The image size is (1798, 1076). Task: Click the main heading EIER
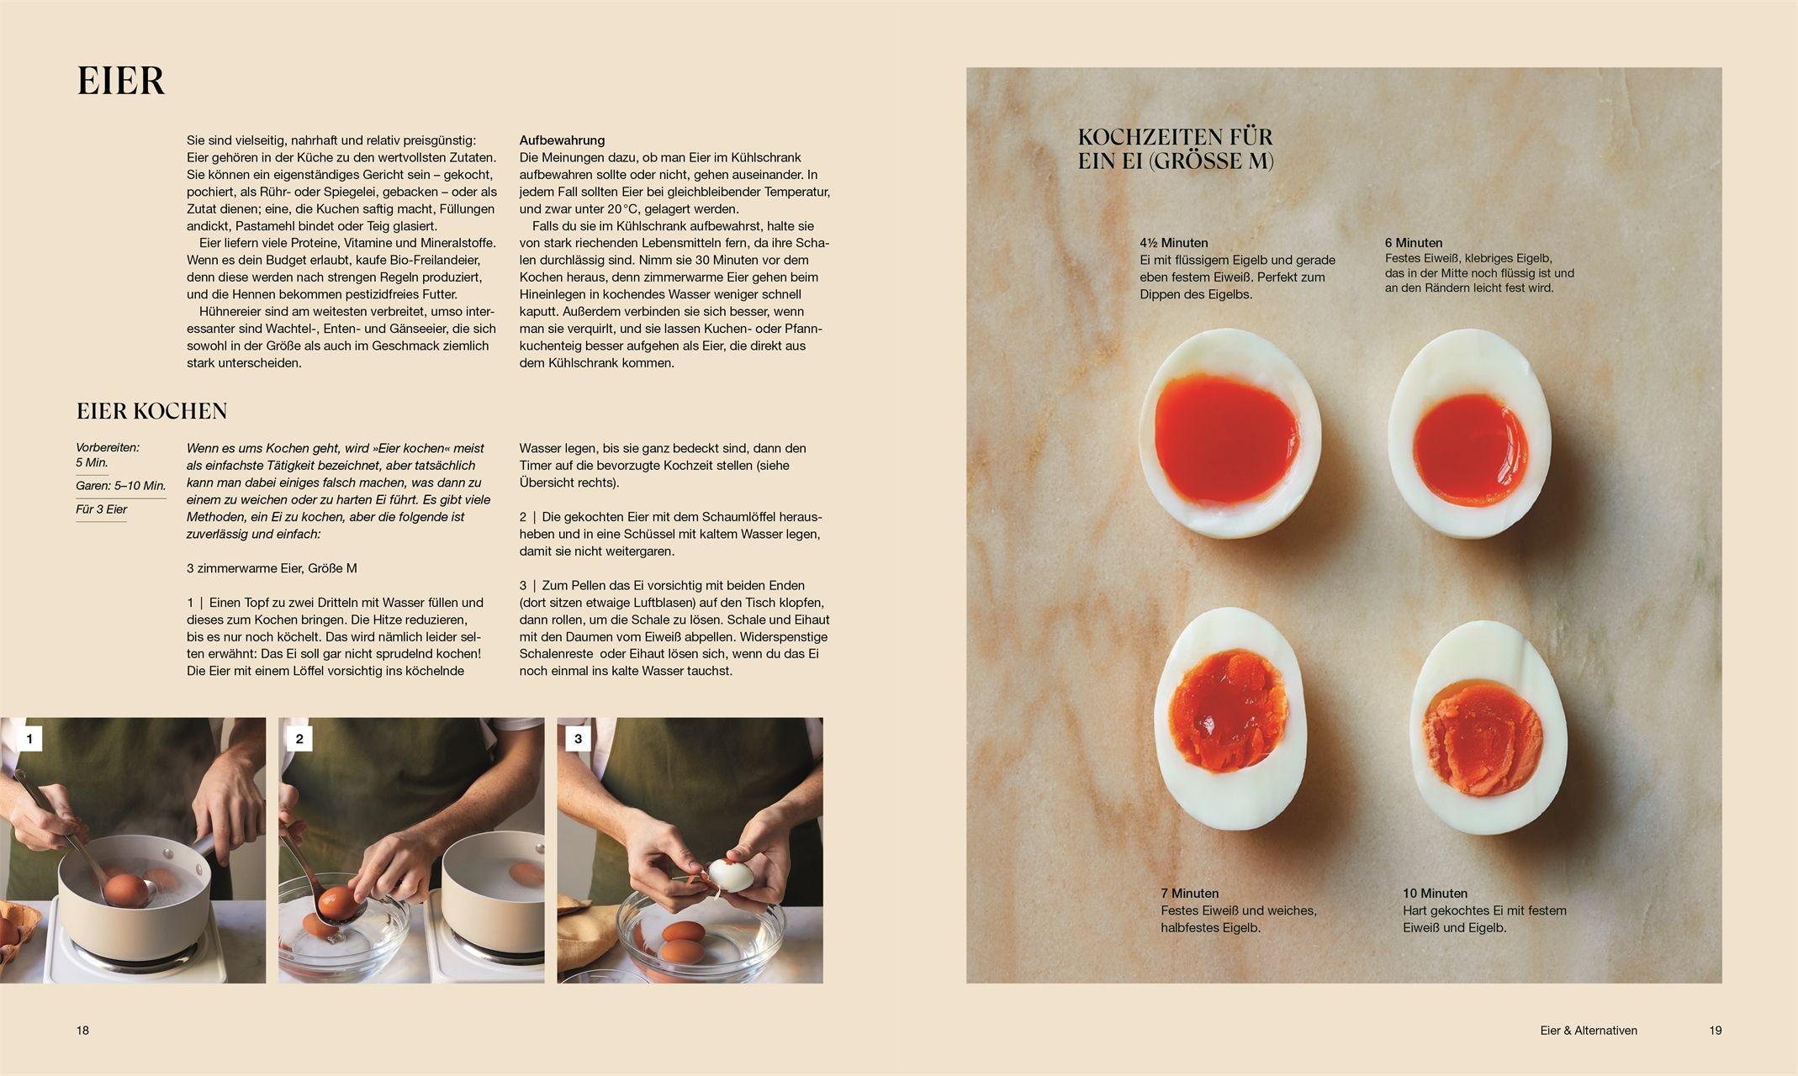tap(120, 82)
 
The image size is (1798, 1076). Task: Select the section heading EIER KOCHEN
tap(152, 411)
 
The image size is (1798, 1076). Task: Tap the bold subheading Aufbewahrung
tap(562, 140)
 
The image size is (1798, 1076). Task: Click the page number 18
tap(82, 1031)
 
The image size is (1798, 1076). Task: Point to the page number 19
tap(1716, 1031)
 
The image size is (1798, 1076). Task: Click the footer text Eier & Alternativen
tap(1589, 1031)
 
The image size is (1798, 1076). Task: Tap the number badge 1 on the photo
tap(30, 739)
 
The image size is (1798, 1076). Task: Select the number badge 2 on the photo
tap(299, 739)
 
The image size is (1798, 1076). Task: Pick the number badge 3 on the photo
tap(578, 739)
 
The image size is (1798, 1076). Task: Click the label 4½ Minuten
tap(1174, 243)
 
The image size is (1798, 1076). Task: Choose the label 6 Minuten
tap(1414, 243)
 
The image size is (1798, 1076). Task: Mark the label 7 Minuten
tap(1189, 894)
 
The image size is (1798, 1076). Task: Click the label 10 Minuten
tap(1435, 894)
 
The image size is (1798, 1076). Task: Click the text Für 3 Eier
tap(102, 509)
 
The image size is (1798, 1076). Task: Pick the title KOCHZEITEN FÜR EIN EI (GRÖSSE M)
tap(1176, 149)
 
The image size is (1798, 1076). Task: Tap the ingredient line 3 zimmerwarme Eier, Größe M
tap(272, 568)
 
